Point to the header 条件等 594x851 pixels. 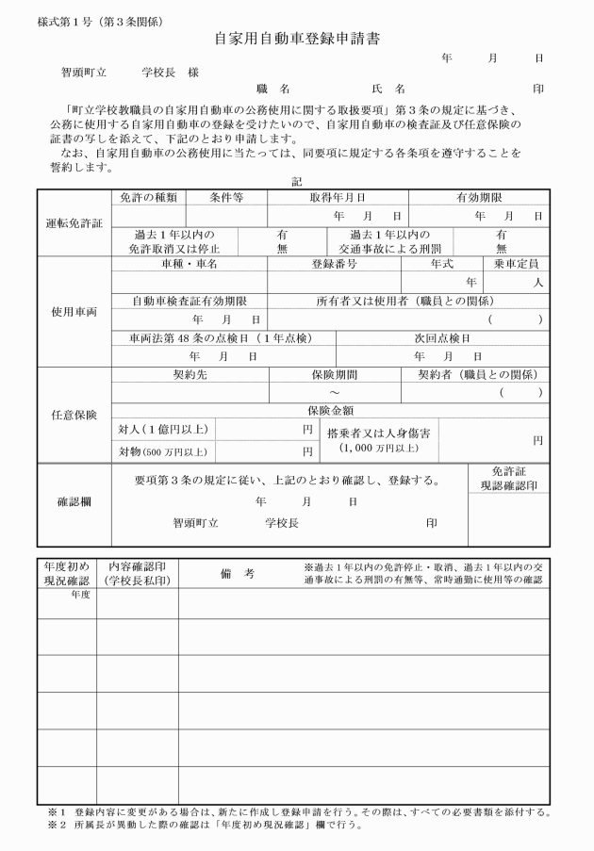(x=225, y=198)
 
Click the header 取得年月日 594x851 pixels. (x=337, y=198)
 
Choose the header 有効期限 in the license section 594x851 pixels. (x=478, y=198)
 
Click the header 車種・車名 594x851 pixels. (x=189, y=265)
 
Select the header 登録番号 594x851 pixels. (x=334, y=265)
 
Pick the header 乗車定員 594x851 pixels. (x=516, y=265)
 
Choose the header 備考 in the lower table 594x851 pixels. (x=238, y=574)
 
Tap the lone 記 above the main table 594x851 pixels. (x=296, y=180)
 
